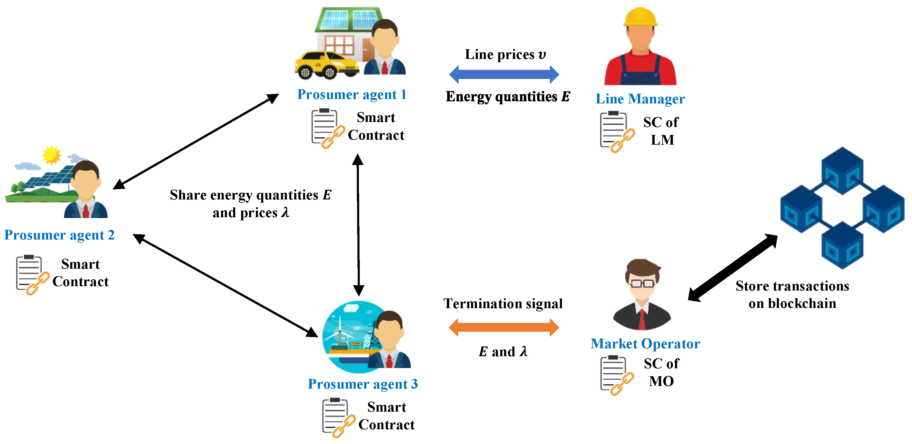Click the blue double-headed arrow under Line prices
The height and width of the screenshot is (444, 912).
click(504, 74)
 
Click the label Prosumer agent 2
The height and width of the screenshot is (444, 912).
click(60, 235)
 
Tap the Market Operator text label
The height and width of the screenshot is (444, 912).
click(645, 344)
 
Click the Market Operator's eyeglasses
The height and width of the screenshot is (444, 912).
click(642, 283)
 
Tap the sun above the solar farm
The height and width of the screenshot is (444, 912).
click(51, 155)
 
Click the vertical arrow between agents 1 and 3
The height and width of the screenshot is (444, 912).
click(358, 225)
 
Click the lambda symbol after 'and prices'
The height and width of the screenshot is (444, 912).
click(285, 212)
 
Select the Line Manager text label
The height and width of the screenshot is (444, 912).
click(640, 99)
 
